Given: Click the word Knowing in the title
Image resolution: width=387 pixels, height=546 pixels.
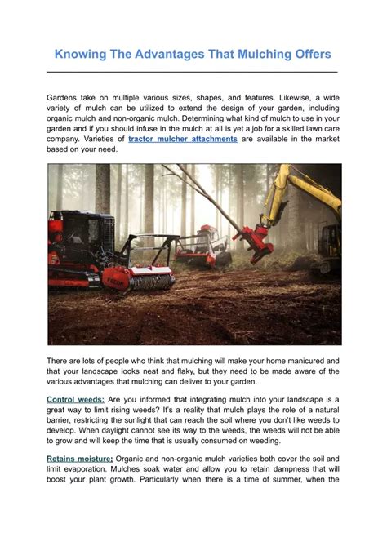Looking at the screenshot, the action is coord(81,55).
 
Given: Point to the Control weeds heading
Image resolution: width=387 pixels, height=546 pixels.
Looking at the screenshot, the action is coord(75,399).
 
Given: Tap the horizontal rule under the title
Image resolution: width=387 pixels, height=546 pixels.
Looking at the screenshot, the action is coord(193,72).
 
